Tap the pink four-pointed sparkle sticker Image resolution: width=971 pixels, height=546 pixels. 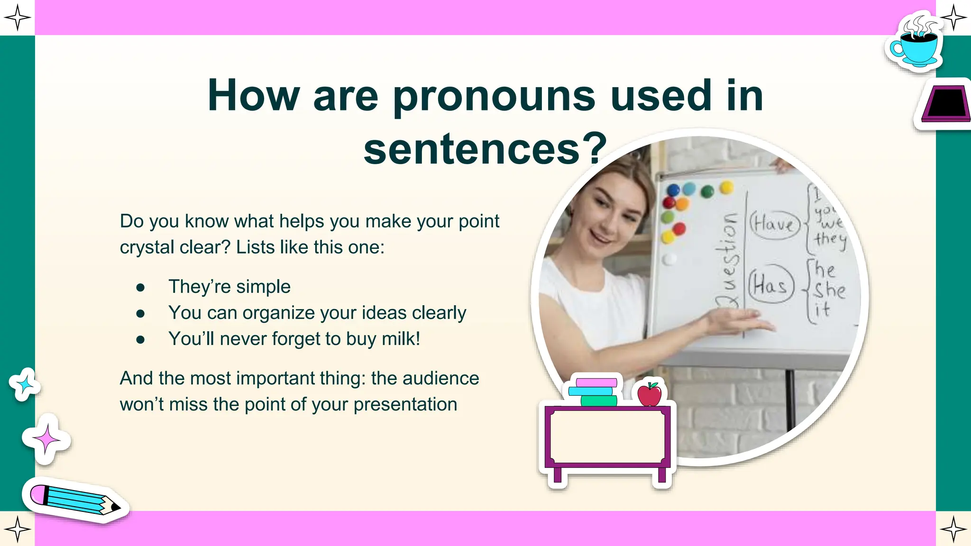46,439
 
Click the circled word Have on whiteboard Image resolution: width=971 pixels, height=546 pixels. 774,225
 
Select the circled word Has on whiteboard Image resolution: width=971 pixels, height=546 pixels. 770,285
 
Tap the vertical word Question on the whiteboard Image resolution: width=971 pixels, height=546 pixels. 728,261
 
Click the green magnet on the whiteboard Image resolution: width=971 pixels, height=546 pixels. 707,191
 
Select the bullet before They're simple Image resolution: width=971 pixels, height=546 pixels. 140,287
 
